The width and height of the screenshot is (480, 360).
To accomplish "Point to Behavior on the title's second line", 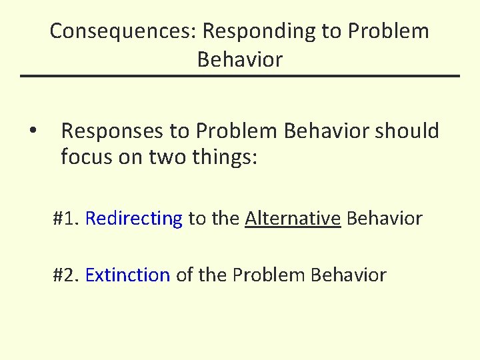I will click(x=240, y=59).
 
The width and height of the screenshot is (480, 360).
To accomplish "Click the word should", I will click(x=407, y=131).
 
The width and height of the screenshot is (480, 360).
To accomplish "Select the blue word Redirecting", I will click(x=134, y=218).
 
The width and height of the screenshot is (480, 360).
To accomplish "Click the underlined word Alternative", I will click(x=293, y=218).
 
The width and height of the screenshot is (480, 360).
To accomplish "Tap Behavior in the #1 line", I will click(x=385, y=218).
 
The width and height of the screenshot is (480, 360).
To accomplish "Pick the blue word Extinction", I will click(x=128, y=275).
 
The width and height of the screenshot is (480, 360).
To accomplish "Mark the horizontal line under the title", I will click(x=240, y=76).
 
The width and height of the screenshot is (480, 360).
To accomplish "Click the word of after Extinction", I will click(x=185, y=275).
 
